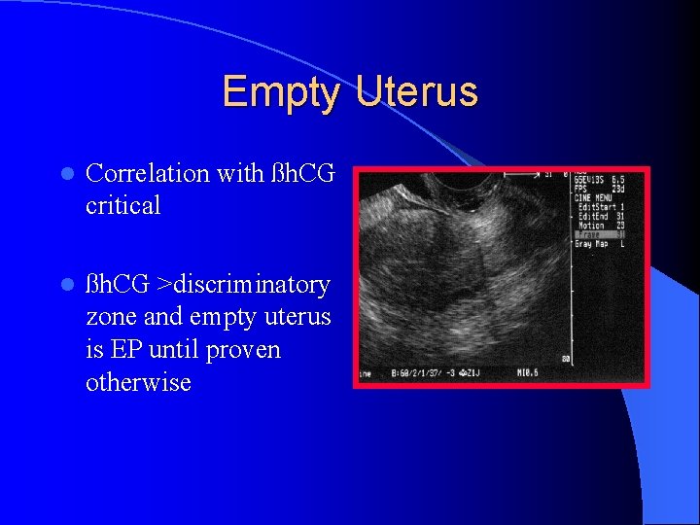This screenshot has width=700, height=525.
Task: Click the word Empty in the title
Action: click(x=281, y=92)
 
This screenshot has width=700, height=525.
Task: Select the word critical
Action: click(x=122, y=205)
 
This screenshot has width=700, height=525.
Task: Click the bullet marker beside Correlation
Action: click(x=65, y=174)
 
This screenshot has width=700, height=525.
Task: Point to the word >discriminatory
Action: click(x=248, y=285)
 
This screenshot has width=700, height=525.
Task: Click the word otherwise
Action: click(x=138, y=382)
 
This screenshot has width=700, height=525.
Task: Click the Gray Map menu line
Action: click(x=595, y=243)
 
